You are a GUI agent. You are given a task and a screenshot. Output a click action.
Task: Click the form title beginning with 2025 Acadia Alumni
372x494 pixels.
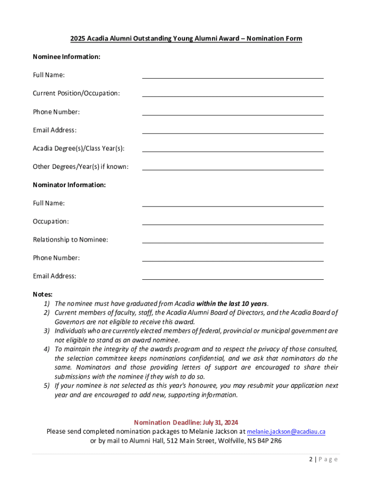click(186, 39)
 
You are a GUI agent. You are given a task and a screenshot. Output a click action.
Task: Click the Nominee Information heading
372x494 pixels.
click(67, 57)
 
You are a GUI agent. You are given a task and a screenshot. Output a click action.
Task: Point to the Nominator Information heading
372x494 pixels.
click(69, 185)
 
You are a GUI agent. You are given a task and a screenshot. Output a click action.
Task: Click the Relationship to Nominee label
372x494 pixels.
click(71, 240)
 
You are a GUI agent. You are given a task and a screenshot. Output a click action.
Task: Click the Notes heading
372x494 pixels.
click(43, 294)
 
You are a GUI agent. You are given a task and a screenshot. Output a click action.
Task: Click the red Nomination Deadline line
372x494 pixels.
click(186, 422)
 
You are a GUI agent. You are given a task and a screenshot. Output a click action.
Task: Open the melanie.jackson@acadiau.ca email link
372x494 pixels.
click(286, 431)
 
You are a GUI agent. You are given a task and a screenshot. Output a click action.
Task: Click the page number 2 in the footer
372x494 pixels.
click(311, 459)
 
